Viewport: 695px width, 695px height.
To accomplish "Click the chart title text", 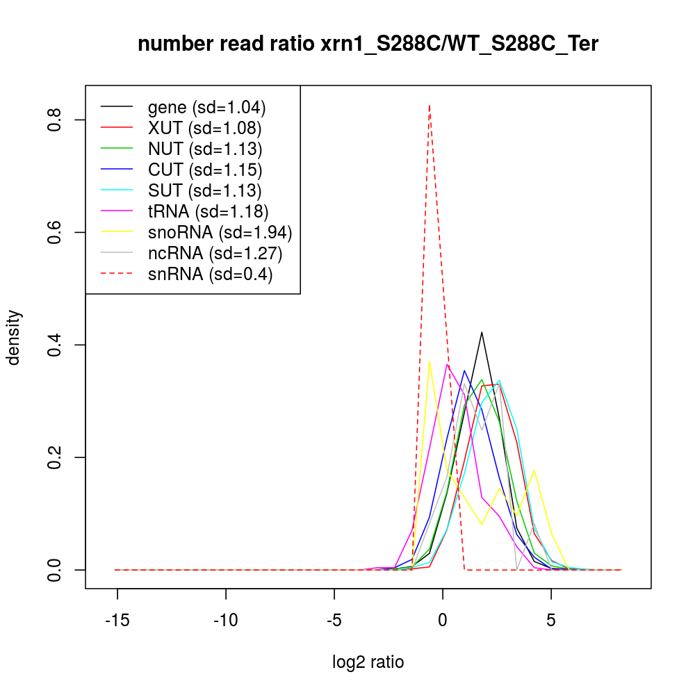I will coord(368,44).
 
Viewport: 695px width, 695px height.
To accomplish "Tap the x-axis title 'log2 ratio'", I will coord(368,662).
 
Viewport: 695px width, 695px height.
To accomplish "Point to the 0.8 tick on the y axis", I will coord(55,120).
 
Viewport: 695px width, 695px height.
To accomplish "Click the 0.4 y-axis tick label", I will coord(55,345).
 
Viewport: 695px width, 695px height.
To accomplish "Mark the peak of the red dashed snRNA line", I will coord(430,105).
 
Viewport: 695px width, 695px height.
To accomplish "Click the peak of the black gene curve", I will coord(482,332).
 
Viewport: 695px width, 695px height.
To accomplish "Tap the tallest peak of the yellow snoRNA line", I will coord(430,361).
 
